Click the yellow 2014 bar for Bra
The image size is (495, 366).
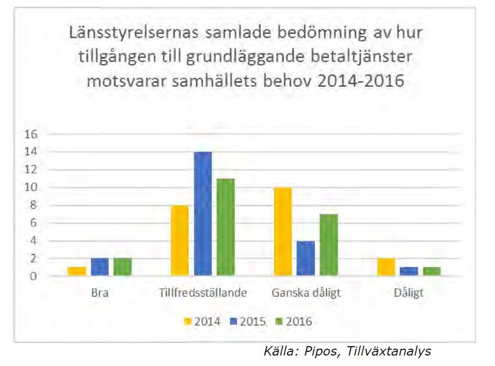click(x=77, y=271)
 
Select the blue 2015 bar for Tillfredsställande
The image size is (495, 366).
click(x=203, y=213)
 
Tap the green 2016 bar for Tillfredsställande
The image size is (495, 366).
click(x=225, y=227)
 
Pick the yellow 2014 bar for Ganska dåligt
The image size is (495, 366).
click(x=282, y=231)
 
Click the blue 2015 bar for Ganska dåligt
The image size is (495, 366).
click(x=305, y=258)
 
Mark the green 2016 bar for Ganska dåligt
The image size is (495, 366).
click(x=328, y=245)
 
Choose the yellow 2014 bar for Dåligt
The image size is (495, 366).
click(x=386, y=267)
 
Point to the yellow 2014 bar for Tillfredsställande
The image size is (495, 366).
click(x=180, y=240)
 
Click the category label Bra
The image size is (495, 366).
click(x=100, y=293)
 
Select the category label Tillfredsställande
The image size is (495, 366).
click(x=203, y=293)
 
